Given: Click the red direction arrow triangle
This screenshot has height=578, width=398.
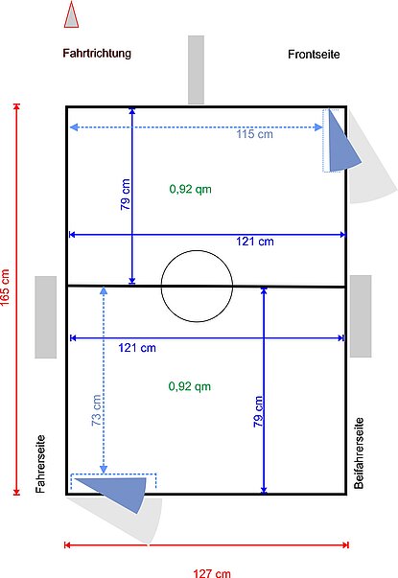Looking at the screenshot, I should [69, 15].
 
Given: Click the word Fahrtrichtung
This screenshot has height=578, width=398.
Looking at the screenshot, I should [97, 55].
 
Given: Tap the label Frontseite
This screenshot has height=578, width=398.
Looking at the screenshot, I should [314, 56].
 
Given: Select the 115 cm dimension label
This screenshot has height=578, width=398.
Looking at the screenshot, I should [254, 135].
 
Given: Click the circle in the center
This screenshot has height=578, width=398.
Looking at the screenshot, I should [197, 285].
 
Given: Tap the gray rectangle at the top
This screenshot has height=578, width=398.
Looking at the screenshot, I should [196, 69].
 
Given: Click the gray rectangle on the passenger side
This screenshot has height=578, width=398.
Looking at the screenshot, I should [360, 315].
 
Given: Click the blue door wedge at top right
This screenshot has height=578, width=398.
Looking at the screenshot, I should [340, 141].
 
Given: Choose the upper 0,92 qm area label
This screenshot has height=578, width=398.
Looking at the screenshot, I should [190, 190].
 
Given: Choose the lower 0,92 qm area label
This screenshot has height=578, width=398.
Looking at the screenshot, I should [189, 386].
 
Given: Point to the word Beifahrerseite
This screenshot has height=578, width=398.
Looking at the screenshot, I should [359, 452].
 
